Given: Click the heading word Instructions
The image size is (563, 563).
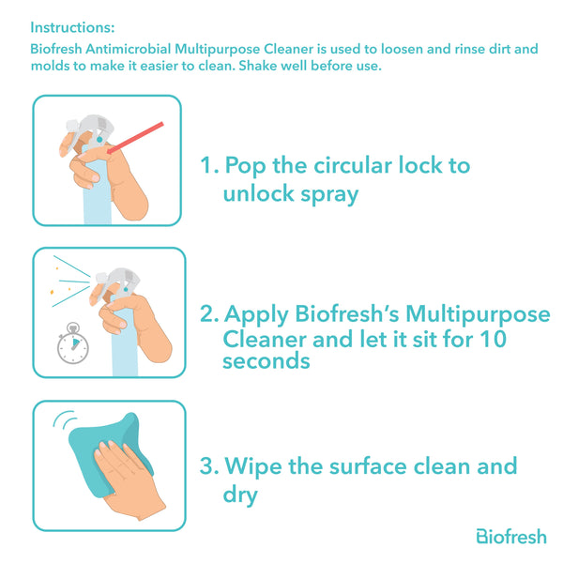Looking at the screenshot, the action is coord(72,27).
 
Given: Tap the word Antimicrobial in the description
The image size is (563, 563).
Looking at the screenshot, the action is coord(129,49).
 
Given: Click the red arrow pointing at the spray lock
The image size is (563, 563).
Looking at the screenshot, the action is coord(135,138).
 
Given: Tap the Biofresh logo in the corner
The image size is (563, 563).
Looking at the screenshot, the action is coord(511,537).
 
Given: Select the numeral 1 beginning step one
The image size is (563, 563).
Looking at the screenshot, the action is coord(206,165).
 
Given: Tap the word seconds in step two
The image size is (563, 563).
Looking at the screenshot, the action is coord(266,361).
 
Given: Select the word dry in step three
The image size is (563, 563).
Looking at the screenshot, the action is coord(240,495).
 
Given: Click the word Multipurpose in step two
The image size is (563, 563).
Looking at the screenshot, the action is coord(478,314).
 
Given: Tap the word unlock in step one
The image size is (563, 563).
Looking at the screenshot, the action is coord(259,193).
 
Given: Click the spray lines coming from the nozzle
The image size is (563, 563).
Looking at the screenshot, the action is coord(71,281).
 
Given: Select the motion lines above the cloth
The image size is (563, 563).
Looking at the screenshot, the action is coord(65,419).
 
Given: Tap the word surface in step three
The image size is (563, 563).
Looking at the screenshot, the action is coord(369,466).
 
